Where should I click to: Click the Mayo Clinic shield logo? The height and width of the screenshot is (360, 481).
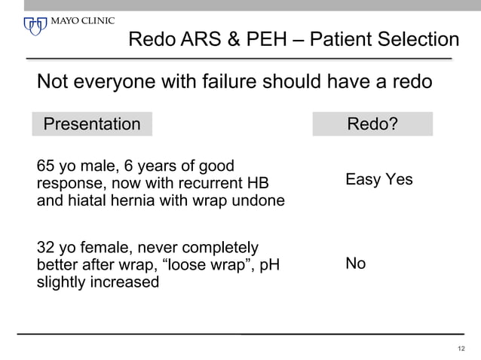tap(35, 26)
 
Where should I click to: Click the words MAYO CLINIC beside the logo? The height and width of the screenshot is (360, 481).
tap(83, 20)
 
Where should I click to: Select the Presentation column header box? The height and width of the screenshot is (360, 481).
tap(92, 124)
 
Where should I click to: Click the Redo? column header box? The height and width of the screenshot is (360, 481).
tap(372, 124)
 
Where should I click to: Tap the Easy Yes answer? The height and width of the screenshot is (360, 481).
tap(378, 179)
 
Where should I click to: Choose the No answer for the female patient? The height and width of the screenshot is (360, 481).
tap(355, 264)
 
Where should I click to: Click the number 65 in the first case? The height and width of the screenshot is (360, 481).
tap(46, 166)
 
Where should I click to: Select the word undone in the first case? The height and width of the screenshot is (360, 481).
tap(259, 200)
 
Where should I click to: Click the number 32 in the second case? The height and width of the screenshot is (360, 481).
tap(46, 248)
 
